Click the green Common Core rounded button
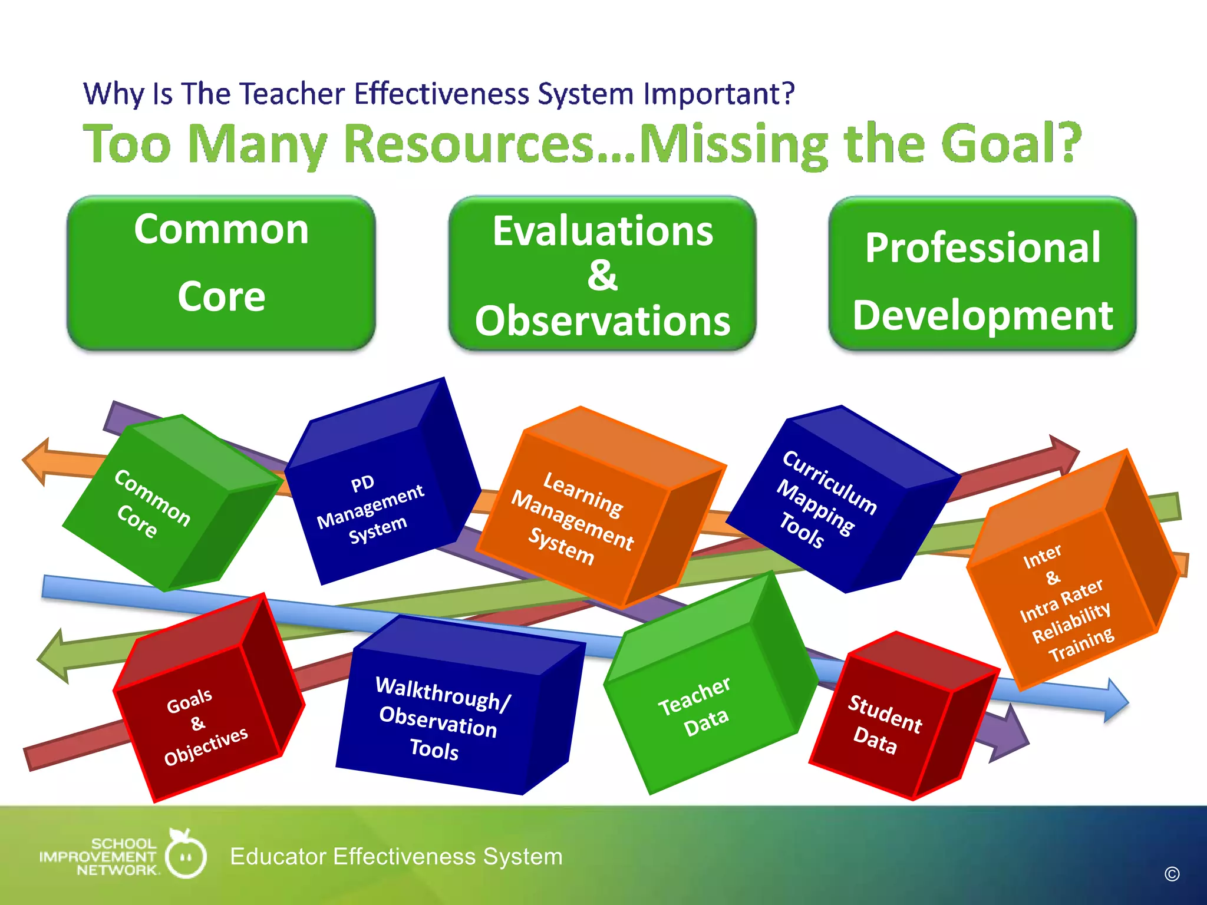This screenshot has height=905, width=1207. pos(221,273)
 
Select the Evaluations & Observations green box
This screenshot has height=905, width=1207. pos(602,274)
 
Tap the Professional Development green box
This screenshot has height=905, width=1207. pos(982,274)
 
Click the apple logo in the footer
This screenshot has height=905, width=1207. pos(186,854)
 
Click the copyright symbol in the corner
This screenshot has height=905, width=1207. pos(1172,874)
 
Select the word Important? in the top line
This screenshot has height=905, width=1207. pos(719,94)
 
